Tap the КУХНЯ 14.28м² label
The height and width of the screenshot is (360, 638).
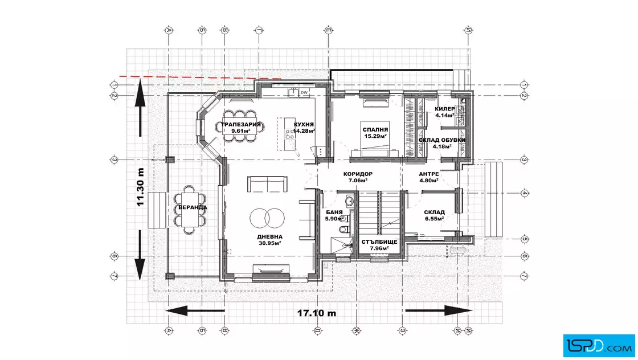coord(304,128)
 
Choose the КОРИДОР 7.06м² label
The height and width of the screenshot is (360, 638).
coord(358,177)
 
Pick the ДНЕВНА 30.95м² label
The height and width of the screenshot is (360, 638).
coord(270,240)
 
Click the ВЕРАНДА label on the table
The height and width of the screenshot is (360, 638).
coord(193,207)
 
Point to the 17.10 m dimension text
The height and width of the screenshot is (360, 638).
coord(317,313)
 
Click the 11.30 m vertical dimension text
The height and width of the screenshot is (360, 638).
coord(140,187)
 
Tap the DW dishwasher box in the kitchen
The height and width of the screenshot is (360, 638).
coord(304,93)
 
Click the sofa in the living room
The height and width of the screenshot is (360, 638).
coord(267,184)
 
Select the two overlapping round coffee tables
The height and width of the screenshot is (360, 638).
coord(267,218)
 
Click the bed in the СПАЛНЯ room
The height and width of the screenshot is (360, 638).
coord(375,138)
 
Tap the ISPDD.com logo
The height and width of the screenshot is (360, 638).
coord(599,346)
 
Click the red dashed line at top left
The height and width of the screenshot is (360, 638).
coord(200,77)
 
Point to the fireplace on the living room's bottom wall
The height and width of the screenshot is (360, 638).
coord(271,272)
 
